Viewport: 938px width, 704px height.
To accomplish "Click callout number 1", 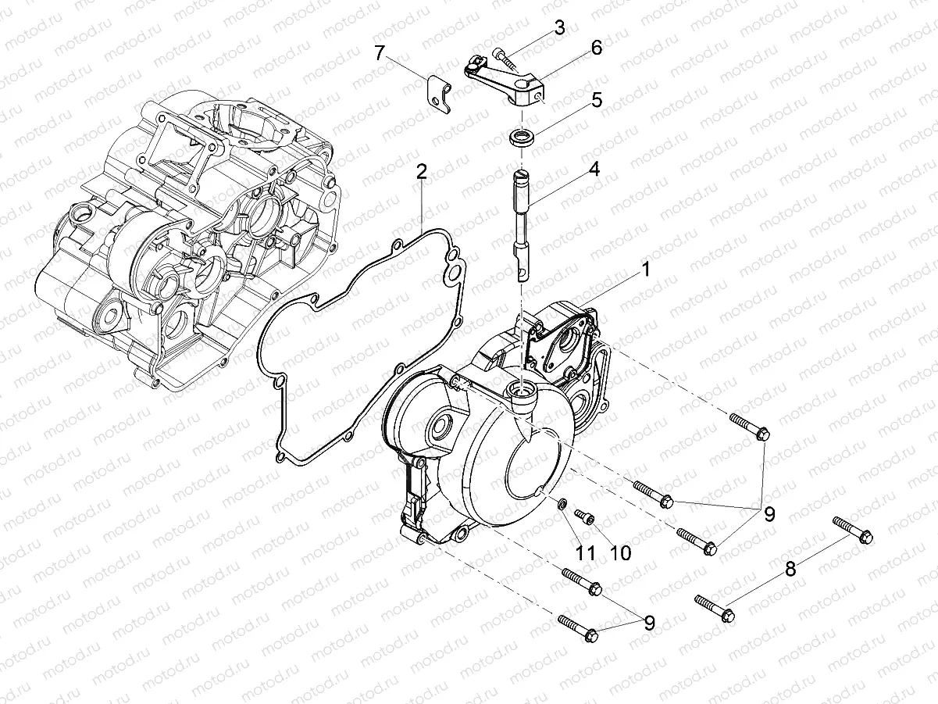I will [x=645, y=270].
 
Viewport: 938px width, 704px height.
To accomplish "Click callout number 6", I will [x=596, y=48].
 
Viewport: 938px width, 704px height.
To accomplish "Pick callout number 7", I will [x=380, y=53].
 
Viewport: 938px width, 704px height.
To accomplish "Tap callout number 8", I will [x=791, y=569].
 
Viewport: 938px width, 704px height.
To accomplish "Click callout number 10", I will [x=620, y=552].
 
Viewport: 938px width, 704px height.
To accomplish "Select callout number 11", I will [x=586, y=552].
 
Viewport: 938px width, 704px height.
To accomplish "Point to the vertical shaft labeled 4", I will [x=521, y=223].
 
